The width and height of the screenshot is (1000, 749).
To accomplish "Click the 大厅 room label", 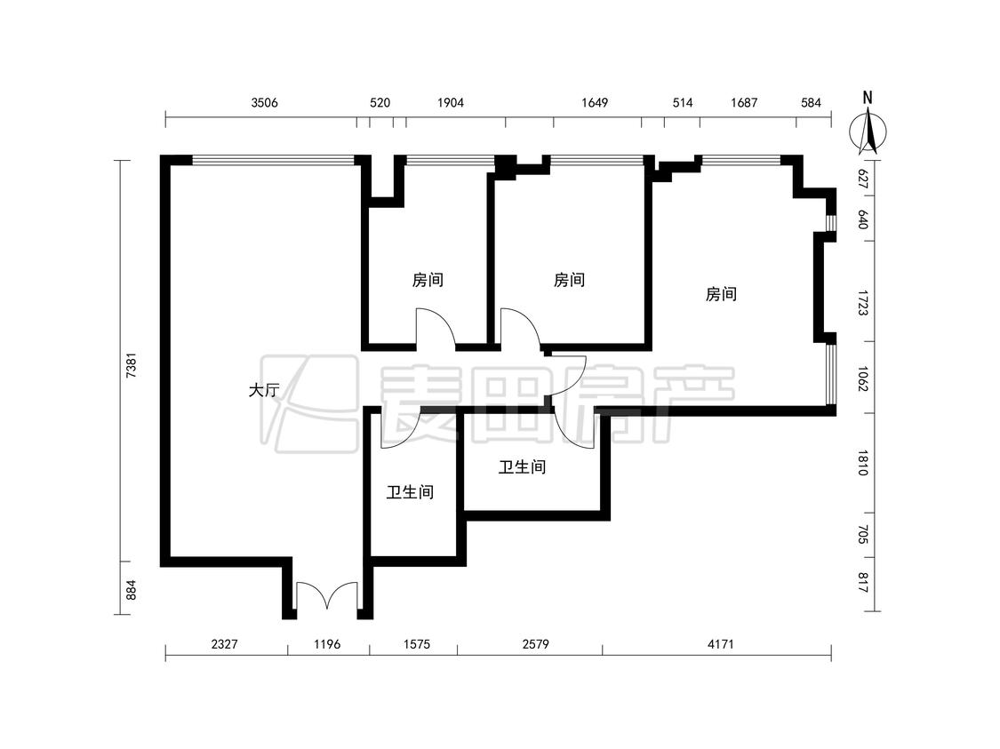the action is tap(263, 389).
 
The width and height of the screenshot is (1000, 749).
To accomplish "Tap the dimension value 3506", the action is tap(264, 103).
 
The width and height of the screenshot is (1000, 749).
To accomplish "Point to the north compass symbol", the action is tap(868, 133).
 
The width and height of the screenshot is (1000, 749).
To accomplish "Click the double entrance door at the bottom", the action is tap(326, 596).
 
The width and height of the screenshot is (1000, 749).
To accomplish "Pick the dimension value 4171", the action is tap(721, 644).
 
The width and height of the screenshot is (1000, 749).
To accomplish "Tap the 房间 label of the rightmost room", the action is tap(721, 294).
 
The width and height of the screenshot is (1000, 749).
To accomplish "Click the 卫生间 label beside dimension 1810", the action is tap(523, 467).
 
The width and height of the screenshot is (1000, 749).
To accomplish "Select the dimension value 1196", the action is tap(327, 644).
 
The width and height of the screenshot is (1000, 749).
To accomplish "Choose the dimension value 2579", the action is tap(535, 644).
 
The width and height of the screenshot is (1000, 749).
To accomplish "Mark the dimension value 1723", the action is tap(863, 304).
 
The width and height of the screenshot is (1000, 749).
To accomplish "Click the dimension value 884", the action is tap(131, 590).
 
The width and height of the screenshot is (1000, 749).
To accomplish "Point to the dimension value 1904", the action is tap(451, 103).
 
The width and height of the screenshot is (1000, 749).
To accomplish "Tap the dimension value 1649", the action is tap(595, 103).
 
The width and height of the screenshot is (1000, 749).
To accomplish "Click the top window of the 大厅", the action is tap(273, 160).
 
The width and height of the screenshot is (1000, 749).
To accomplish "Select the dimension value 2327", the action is tap(225, 644).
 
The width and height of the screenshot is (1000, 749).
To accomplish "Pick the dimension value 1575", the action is tap(417, 644).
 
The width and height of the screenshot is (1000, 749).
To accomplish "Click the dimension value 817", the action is tap(863, 583).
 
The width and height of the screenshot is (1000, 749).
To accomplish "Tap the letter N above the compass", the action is tap(868, 98).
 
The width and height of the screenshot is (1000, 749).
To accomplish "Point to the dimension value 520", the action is tap(380, 103).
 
